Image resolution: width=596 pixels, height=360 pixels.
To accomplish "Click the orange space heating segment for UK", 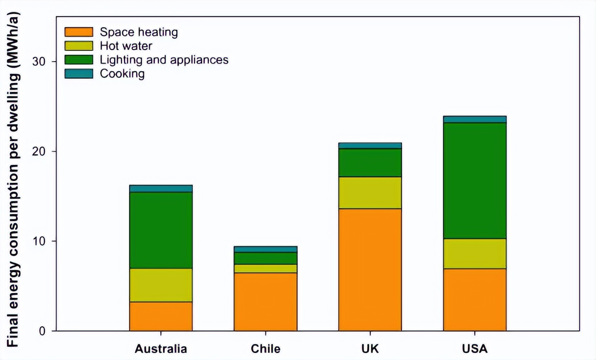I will tap(370, 270).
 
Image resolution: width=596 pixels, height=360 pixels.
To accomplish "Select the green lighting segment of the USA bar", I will tap(474, 180).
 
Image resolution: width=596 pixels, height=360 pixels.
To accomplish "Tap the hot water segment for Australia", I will tap(161, 285).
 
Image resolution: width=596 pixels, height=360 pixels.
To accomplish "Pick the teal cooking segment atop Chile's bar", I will tap(265, 249).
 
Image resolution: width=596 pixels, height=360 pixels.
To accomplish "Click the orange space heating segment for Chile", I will tap(265, 302).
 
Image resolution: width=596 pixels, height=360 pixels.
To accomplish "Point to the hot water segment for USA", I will tap(474, 254).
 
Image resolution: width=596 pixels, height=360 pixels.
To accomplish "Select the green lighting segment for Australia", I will tap(161, 230).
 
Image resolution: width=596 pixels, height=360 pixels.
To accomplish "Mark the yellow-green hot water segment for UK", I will tap(370, 192).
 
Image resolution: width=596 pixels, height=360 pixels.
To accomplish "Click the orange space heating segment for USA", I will tap(474, 299).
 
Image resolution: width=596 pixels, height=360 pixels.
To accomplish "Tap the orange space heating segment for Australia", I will tap(161, 316).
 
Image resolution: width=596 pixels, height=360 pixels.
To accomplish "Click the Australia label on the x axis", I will tap(161, 348).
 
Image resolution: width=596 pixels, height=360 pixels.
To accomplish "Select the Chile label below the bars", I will tap(265, 348).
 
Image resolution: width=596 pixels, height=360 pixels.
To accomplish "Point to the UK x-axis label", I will tap(370, 348).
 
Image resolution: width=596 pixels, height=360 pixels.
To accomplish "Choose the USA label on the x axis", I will tap(474, 348).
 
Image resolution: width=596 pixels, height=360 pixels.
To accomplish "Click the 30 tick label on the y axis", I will tap(40, 61).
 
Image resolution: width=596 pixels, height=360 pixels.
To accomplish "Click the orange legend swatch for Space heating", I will tap(79, 32).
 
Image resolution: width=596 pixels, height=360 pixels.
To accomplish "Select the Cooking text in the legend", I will tap(122, 74).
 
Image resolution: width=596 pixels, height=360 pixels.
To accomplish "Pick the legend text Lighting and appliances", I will tap(164, 60).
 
